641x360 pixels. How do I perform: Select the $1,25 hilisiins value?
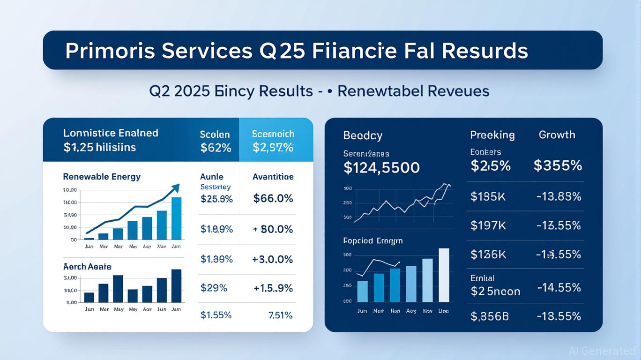point(99,147)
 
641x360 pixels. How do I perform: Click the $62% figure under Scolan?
point(216,148)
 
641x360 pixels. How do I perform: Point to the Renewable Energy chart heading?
point(102,177)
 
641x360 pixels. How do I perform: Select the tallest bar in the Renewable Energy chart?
point(176,218)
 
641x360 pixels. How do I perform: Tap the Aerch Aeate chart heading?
point(87,267)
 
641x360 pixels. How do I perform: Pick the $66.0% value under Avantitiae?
point(273,198)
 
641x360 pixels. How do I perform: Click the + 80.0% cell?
point(273,229)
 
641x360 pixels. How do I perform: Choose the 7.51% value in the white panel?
point(281,315)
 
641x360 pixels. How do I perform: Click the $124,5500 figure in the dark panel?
point(381,167)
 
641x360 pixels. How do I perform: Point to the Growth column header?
point(557,135)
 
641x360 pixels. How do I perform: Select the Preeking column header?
point(492,135)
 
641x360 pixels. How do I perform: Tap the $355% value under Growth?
point(558,165)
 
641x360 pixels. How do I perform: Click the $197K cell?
point(488,225)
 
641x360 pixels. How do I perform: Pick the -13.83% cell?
point(559,197)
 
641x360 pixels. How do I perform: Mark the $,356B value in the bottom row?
point(489,316)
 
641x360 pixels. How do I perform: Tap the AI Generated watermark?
point(602,351)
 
